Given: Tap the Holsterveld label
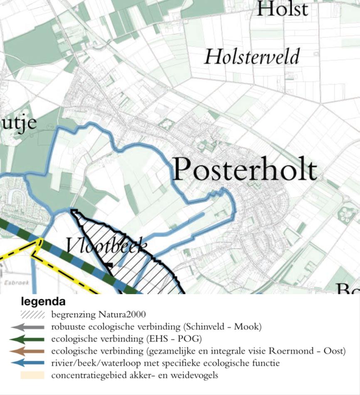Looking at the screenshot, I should (x=252, y=56).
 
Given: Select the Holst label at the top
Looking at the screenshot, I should (x=282, y=9).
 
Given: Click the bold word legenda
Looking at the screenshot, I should (x=43, y=302).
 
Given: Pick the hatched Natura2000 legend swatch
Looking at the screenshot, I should (x=32, y=314).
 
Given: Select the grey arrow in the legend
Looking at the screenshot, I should (x=28, y=327).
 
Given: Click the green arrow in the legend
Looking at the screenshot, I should (x=28, y=339).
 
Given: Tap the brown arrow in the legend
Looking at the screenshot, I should (x=28, y=351).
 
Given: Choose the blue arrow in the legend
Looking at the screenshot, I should (x=28, y=363).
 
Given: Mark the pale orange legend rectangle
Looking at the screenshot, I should (x=32, y=375).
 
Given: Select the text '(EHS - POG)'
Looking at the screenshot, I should (x=173, y=339).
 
